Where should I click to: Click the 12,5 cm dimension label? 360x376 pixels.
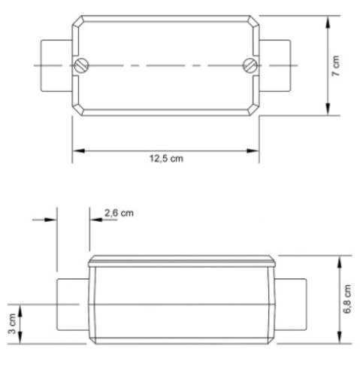[x=166, y=159]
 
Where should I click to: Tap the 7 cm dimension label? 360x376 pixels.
[x=336, y=66]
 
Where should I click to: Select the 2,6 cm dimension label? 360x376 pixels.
[x=119, y=214]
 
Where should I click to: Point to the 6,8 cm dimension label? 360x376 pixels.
[x=347, y=299]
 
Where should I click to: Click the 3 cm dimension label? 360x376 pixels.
[x=12, y=323]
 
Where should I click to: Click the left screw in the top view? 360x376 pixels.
[x=81, y=65]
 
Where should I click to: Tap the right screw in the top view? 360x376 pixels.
[x=250, y=65]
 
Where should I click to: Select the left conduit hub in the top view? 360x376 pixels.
[x=56, y=65]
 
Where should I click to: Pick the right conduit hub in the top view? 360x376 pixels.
[x=275, y=65]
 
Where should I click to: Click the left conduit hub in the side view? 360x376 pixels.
[x=73, y=305]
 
